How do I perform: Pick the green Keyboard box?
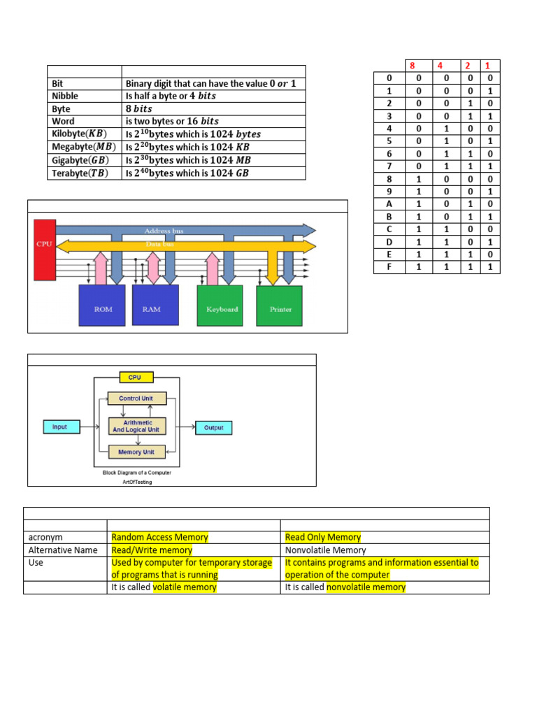click(x=222, y=306)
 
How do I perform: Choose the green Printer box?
click(x=280, y=306)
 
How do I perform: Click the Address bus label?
click(x=164, y=231)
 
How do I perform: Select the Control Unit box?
click(x=137, y=399)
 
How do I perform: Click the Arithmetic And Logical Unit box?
click(x=137, y=426)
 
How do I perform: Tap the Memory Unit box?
click(x=137, y=452)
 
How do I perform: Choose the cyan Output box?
click(x=213, y=428)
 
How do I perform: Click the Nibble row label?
click(x=66, y=96)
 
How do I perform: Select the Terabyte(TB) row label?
click(x=80, y=173)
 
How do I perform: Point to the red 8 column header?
click(x=412, y=66)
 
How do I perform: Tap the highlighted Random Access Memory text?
click(x=159, y=537)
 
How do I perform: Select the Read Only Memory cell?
click(x=323, y=537)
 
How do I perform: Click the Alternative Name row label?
click(x=63, y=550)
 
